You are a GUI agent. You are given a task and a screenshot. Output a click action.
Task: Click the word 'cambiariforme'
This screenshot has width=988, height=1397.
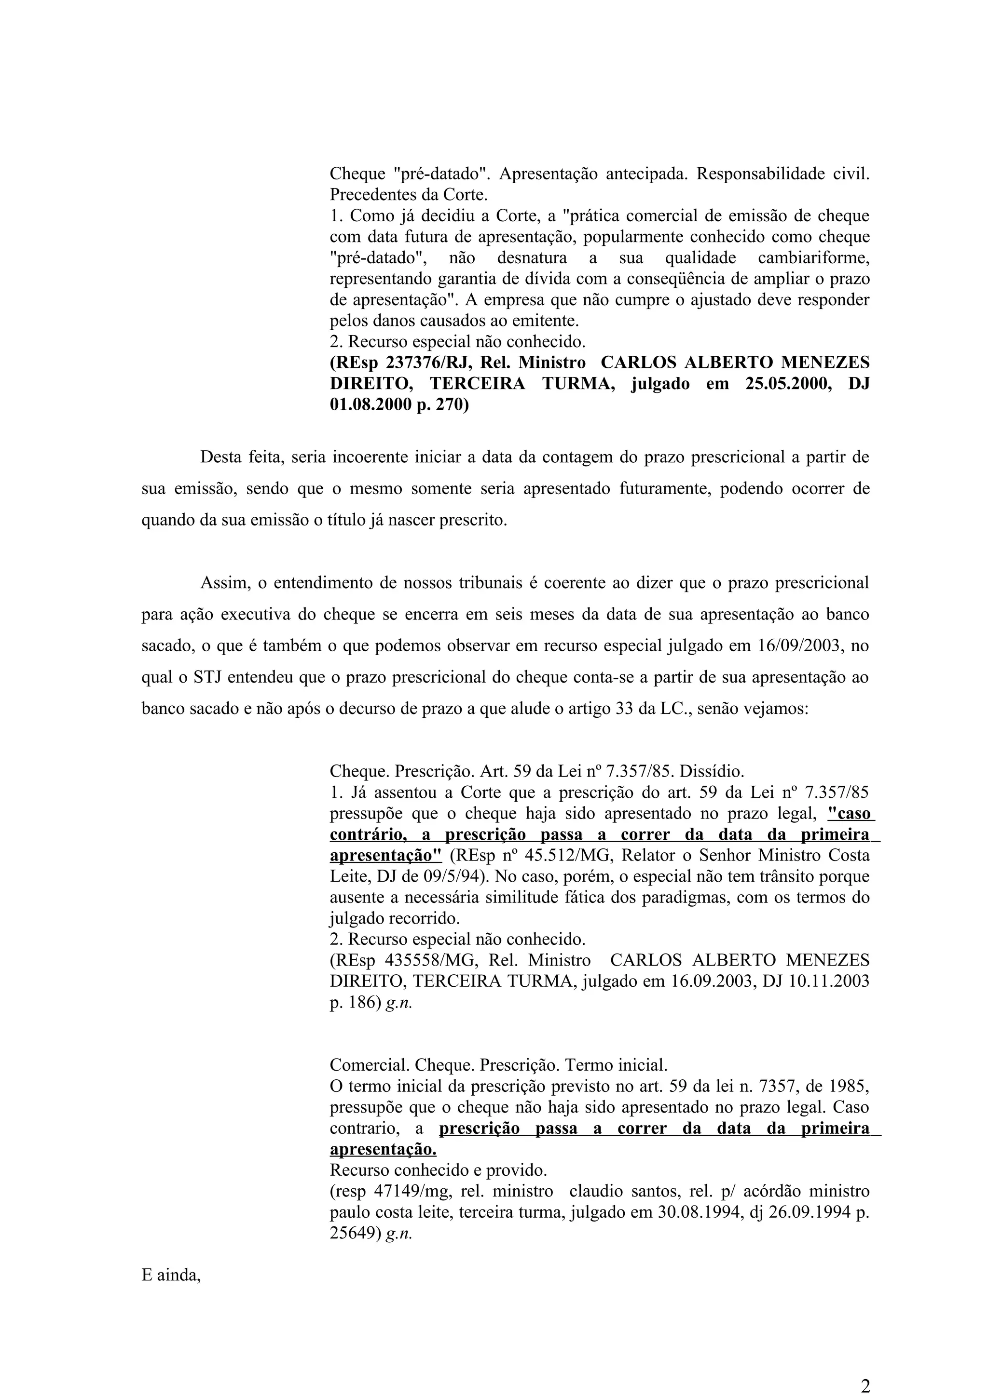(x=813, y=258)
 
